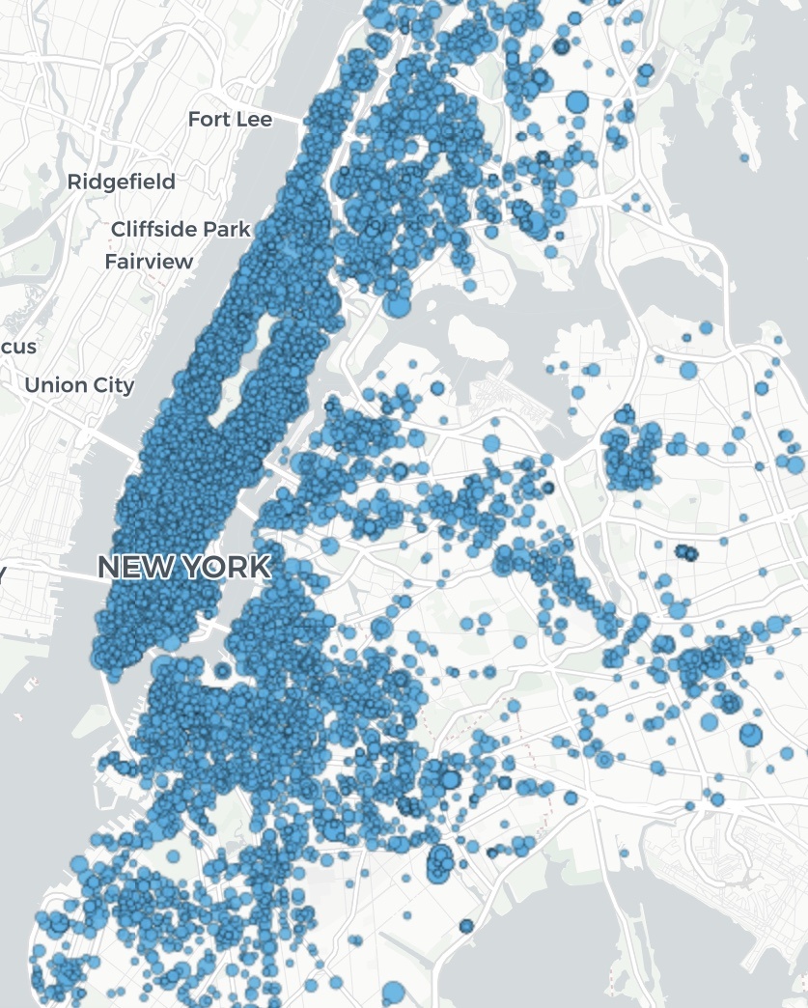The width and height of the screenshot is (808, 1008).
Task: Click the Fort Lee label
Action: [230, 119]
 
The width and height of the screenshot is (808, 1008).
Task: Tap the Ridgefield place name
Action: [121, 182]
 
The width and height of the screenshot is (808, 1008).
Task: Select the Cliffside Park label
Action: [181, 229]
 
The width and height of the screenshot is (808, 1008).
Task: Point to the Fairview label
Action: [149, 262]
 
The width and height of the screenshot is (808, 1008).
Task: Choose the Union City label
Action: [79, 384]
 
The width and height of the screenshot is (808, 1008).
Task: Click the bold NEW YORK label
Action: [183, 567]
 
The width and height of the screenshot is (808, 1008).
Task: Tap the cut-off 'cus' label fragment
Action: [19, 347]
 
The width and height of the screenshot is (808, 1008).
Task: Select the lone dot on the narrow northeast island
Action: [744, 156]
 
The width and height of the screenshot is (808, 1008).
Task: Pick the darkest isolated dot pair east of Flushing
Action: [686, 553]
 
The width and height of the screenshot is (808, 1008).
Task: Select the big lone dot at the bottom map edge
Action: [393, 993]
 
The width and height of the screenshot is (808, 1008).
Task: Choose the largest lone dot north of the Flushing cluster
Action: [688, 370]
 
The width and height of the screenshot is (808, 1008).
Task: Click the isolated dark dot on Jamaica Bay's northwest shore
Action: [466, 926]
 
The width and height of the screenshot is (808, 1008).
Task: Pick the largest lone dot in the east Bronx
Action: [577, 101]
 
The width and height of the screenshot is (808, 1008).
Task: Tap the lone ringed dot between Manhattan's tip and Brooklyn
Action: [224, 670]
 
